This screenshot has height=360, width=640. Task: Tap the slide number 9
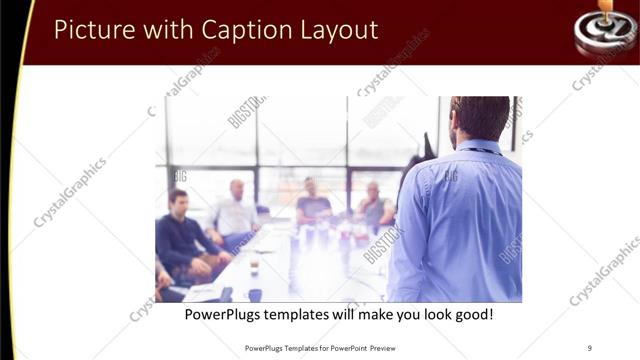coord(590,348)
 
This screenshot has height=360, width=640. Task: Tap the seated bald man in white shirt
coord(236,209)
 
